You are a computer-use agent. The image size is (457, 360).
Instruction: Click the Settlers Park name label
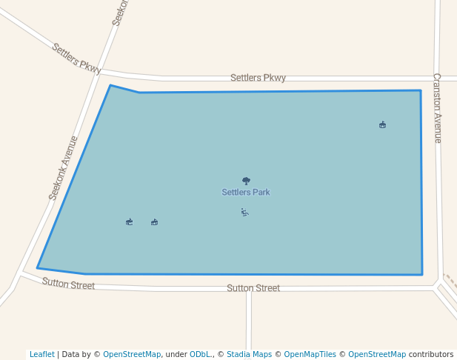[246, 193]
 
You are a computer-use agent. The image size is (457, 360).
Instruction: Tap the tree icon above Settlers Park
[246, 181]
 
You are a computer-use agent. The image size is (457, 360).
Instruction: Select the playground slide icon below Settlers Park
[244, 213]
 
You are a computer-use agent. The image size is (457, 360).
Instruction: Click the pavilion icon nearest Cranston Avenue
[382, 124]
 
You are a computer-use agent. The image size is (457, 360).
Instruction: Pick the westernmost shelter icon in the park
[130, 221]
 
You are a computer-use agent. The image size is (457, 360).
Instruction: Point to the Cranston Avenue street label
[437, 107]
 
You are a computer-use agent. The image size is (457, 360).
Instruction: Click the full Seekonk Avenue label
[64, 168]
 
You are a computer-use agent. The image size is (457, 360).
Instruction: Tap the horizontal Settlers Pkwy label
[258, 78]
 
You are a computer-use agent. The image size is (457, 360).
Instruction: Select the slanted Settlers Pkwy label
[76, 58]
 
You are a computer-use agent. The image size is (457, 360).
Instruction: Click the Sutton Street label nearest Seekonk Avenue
[68, 284]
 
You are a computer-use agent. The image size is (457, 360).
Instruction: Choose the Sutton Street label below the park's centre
[253, 288]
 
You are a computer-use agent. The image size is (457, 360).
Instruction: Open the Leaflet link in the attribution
[41, 354]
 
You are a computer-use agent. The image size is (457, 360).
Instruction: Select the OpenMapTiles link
[310, 354]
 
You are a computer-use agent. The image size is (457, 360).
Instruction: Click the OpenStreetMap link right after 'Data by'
[132, 354]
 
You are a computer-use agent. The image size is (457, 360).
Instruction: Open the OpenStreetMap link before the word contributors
[377, 354]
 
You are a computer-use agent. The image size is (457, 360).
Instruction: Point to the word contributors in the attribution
[431, 354]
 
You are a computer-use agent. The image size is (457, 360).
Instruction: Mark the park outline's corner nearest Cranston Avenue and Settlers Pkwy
[421, 91]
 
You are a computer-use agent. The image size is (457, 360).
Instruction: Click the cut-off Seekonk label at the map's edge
[121, 13]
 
